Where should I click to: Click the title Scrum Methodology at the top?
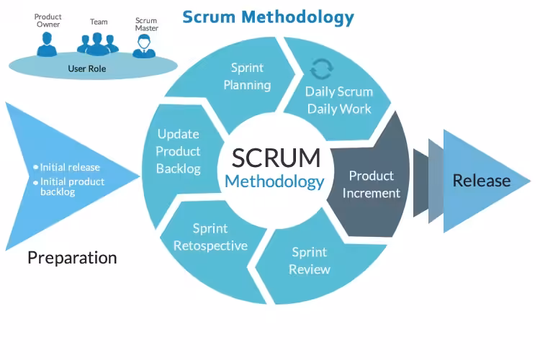(268, 16)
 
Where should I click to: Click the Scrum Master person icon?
(145, 45)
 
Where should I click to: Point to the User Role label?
(86, 69)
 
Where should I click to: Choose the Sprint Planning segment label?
(247, 76)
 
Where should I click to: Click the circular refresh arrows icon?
(320, 69)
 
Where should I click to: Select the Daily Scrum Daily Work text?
(339, 100)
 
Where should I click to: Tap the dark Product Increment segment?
(371, 184)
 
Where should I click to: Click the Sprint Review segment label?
(309, 261)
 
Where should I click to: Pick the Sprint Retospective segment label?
(210, 237)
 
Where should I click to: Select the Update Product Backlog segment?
(178, 151)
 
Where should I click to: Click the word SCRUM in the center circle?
(276, 158)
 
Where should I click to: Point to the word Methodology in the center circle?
(274, 181)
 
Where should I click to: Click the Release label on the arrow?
(481, 180)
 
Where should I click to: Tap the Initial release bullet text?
(70, 167)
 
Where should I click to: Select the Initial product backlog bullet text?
(72, 186)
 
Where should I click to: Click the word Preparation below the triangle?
(72, 257)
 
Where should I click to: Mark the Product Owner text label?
(48, 20)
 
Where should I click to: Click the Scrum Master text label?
(146, 25)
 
